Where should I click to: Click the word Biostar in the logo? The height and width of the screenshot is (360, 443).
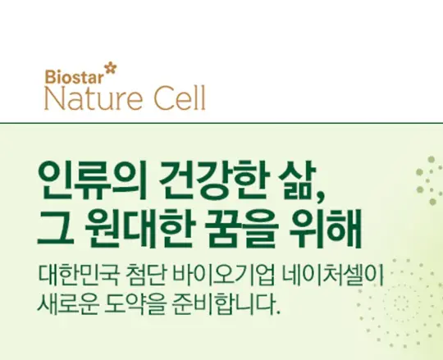pos(74,76)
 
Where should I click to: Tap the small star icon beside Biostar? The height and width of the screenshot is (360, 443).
pos(110,69)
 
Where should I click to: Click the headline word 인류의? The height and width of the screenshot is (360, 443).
pos(93,180)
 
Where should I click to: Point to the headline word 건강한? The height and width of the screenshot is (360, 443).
pos(212,180)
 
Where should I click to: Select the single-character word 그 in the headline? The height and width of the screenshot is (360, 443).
pos(56,228)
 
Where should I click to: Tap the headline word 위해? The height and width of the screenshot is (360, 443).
pos(326,230)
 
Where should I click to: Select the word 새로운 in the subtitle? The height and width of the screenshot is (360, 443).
pos(68,303)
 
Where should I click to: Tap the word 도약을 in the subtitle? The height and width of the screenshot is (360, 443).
pos(134,303)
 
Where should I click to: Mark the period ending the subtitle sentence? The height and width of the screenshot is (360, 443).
pos(278,312)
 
